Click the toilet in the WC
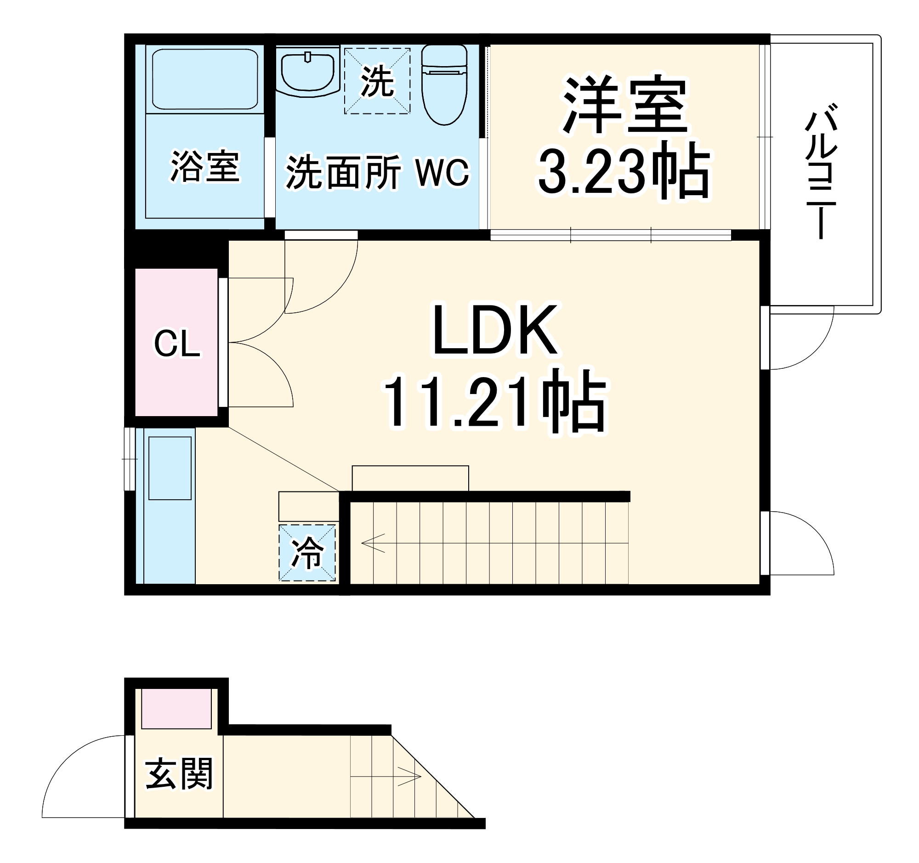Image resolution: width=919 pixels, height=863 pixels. pos(444,85)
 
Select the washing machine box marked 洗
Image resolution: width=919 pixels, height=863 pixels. pos(377,81)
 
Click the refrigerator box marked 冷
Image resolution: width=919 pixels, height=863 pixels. pos(307,553)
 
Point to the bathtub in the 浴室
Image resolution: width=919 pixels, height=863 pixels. pos(205,79)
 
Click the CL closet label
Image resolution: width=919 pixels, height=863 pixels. pos(177,344)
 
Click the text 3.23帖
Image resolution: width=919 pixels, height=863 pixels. pos(624,171)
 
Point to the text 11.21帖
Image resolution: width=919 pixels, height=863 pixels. pos(494,401)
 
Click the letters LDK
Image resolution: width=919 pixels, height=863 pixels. pos(494,330)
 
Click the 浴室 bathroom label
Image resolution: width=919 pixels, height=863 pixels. pos(205,166)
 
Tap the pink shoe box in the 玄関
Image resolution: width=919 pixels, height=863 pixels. pos(176,708)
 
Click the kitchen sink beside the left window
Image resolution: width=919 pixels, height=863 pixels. pos(170,468)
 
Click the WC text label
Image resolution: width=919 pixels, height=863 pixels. pos(442,173)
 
